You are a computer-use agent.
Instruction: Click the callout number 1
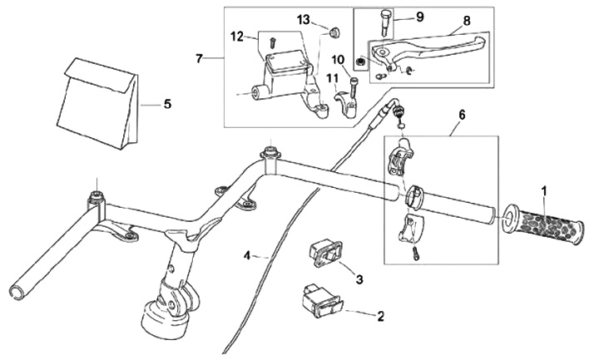(544, 190)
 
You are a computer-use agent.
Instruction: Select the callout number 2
(381, 316)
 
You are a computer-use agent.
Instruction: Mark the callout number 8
(467, 19)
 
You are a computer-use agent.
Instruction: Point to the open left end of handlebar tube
(16, 290)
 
